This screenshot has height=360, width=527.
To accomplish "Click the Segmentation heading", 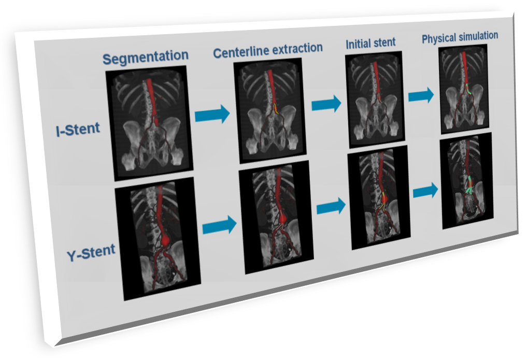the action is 145,57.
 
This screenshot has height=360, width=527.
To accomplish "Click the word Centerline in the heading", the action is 241,51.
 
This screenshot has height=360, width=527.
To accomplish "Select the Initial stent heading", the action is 371,44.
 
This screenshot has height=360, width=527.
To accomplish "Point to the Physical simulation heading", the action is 460,37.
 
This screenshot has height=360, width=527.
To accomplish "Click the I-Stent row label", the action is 78,129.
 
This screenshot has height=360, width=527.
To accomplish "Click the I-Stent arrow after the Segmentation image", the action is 212,114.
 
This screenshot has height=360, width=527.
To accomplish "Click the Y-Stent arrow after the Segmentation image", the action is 220,225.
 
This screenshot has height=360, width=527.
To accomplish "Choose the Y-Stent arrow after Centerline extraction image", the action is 331,206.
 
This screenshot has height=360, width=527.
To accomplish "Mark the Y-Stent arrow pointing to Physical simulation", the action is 425,191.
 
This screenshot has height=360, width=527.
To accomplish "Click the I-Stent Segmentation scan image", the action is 149,123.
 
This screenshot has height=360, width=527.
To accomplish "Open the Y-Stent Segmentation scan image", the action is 158,238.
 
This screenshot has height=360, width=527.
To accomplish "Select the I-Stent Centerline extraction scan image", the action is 270,110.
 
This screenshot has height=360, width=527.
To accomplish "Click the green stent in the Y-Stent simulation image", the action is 469,185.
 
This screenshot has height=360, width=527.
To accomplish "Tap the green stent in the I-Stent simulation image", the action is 468,89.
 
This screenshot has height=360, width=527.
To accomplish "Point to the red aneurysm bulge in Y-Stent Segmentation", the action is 165,240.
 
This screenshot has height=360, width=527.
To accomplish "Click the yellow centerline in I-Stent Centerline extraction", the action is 276,109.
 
